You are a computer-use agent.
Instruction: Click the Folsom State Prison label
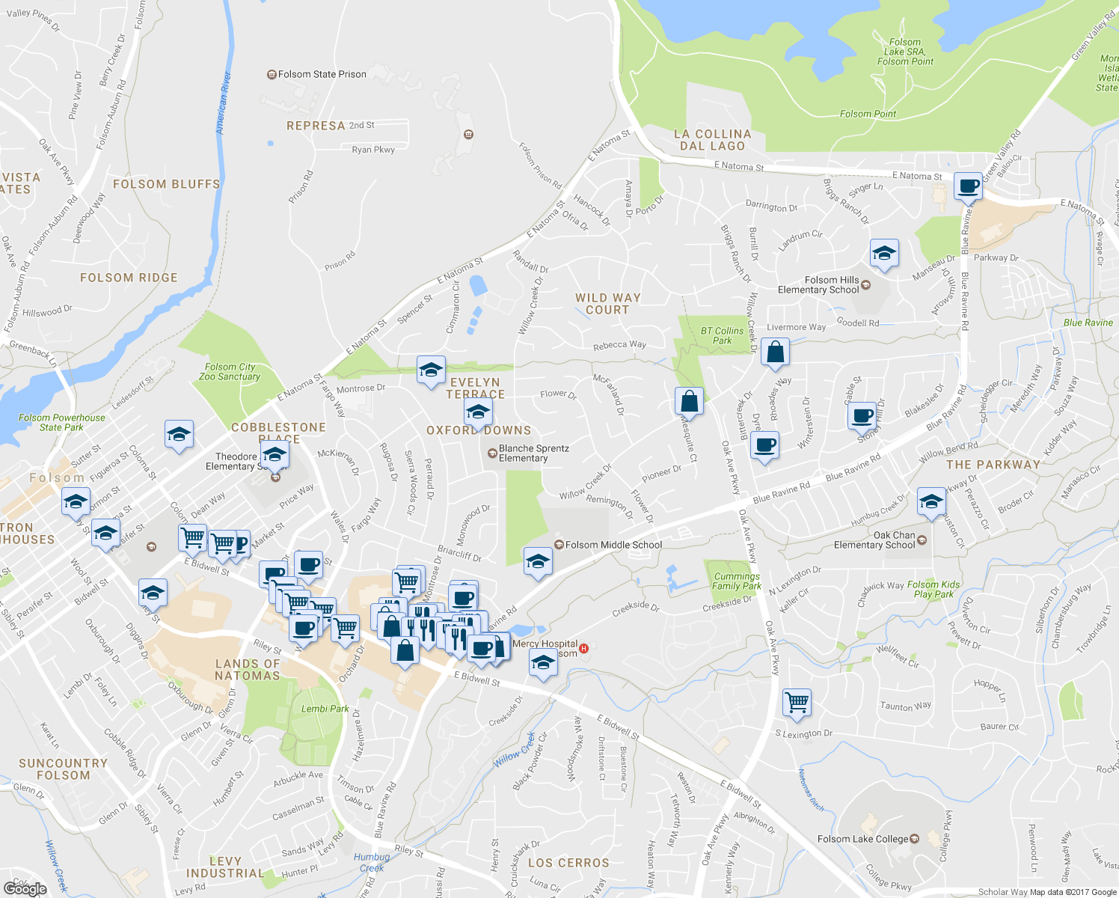tap(322, 75)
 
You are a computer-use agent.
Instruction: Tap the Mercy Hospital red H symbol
tap(585, 649)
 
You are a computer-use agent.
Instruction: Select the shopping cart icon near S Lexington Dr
tap(797, 702)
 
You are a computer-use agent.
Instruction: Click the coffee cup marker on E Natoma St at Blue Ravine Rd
tap(968, 185)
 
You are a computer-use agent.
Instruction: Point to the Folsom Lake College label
tap(862, 839)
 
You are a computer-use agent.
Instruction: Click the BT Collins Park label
tap(722, 335)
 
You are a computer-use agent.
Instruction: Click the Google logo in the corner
tap(25, 888)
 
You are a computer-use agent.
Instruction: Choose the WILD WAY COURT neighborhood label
tap(607, 304)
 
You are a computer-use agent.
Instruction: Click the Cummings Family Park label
tap(736, 581)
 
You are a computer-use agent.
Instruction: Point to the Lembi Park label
tap(325, 709)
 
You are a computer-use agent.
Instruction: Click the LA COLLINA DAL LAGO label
tap(712, 140)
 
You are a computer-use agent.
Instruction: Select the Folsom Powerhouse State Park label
tap(61, 423)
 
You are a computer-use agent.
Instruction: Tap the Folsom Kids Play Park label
tap(933, 590)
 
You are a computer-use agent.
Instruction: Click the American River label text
tap(223, 103)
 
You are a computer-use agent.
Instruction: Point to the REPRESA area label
tap(316, 126)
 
